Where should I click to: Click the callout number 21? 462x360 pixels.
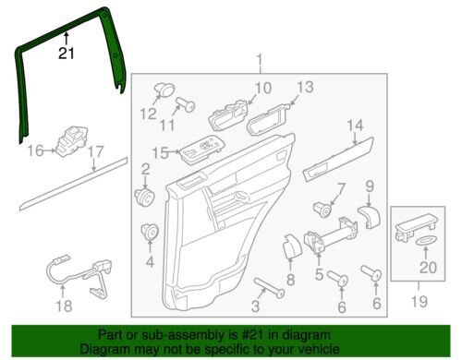click(x=67, y=54)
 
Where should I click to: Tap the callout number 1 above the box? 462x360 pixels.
click(x=260, y=60)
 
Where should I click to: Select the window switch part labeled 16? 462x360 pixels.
click(x=71, y=141)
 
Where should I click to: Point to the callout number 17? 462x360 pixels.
click(x=95, y=152)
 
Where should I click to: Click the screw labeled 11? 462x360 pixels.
click(x=185, y=104)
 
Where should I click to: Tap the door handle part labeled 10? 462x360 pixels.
click(x=228, y=114)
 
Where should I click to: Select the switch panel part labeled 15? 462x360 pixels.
click(x=201, y=150)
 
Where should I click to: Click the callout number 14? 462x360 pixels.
click(x=355, y=126)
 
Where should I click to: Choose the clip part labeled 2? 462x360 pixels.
click(x=145, y=198)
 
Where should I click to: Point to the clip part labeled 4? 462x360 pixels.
click(x=150, y=233)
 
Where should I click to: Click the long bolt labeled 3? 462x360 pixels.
click(x=269, y=287)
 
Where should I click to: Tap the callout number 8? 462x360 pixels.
click(x=291, y=280)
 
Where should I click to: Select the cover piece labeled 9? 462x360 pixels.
click(x=370, y=217)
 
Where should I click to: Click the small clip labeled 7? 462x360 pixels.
click(x=322, y=210)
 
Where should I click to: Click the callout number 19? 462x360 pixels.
click(x=419, y=301)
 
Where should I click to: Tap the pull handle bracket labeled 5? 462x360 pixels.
click(x=331, y=234)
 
